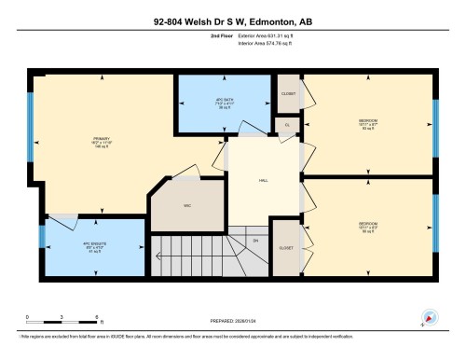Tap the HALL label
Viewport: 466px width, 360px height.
[264, 181]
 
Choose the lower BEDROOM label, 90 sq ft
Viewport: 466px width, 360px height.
[368, 226]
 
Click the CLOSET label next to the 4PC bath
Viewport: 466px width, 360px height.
[288, 93]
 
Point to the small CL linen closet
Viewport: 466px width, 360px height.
[288, 124]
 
